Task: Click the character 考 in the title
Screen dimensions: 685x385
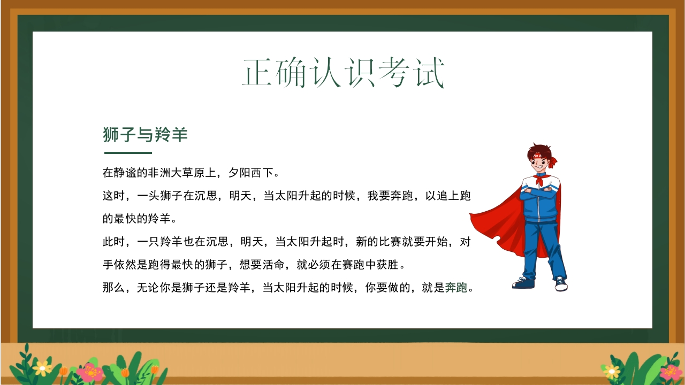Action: [x=394, y=73]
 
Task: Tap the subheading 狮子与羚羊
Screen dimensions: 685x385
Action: [x=145, y=134]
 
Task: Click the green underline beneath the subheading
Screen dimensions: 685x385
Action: [x=128, y=153]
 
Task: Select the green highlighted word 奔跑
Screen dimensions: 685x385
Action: [x=456, y=288]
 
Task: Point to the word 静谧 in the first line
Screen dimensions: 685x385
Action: [x=125, y=173]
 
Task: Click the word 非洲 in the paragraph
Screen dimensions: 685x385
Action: [x=159, y=173]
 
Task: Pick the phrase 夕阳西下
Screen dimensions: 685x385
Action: [x=251, y=173]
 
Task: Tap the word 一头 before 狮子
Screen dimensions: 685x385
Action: [x=148, y=196]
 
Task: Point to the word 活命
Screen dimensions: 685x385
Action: [x=273, y=265]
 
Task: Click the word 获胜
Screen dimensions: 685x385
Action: [x=388, y=265]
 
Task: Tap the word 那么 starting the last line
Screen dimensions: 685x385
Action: [x=113, y=288]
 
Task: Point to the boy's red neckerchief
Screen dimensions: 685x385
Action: [x=541, y=180]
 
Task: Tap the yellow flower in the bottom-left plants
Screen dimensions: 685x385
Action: [x=42, y=368]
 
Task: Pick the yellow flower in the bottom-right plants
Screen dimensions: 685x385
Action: [x=612, y=371]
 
